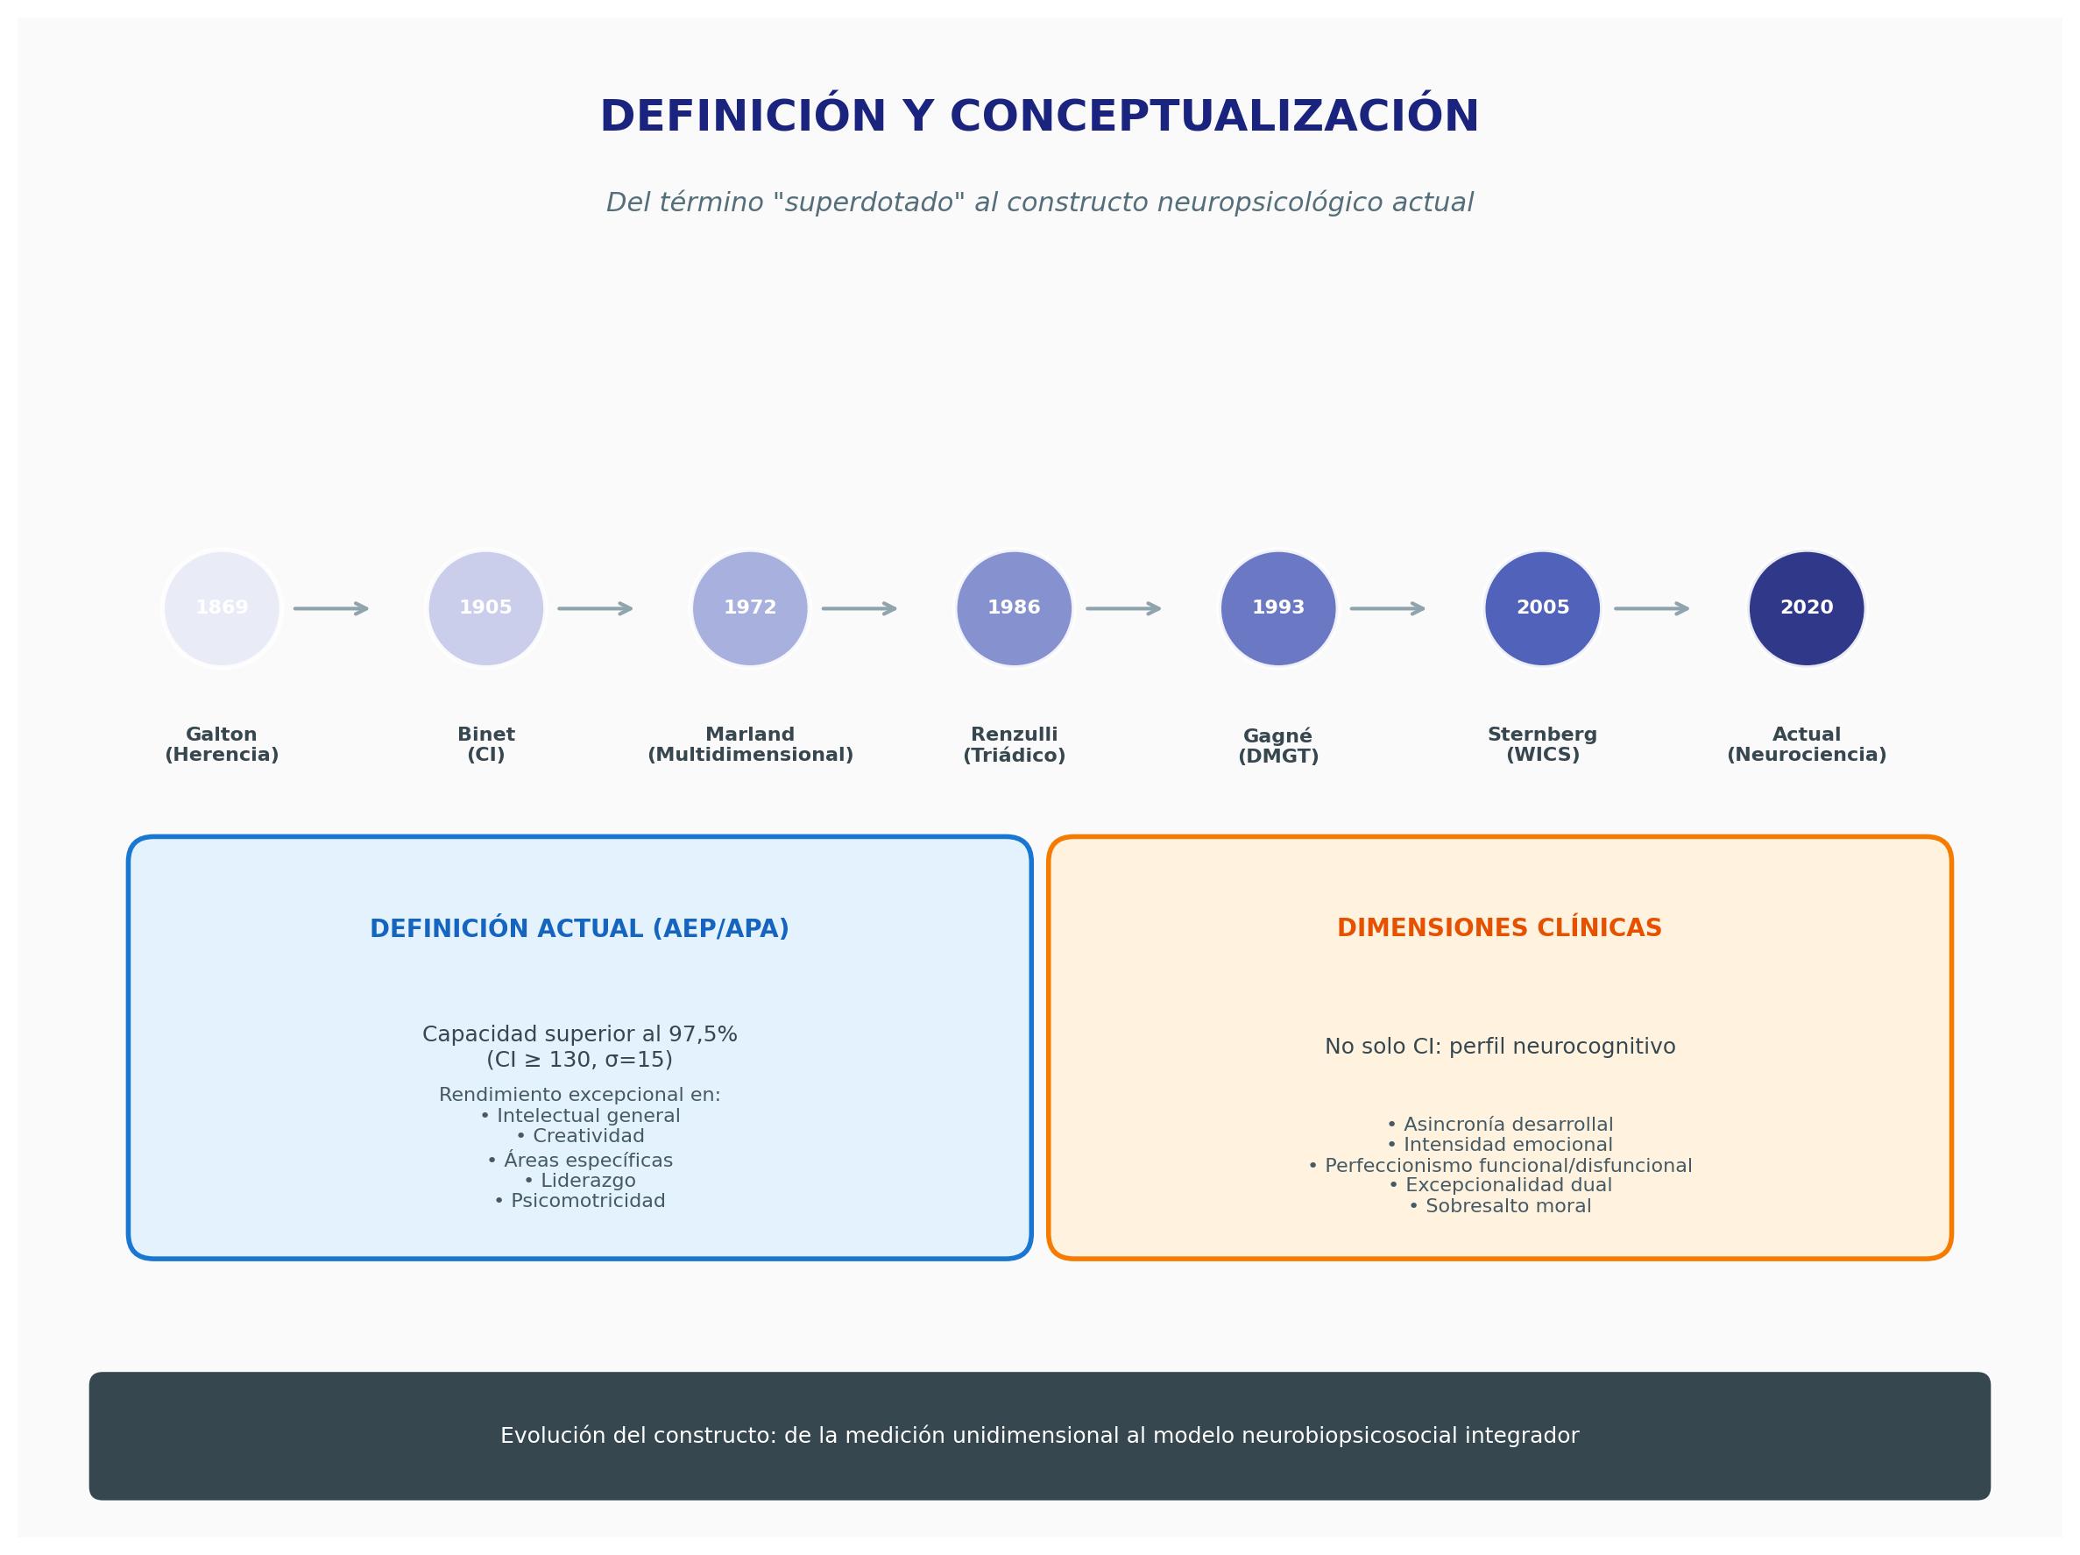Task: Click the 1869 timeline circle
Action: coord(222,608)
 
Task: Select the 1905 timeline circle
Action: coord(486,608)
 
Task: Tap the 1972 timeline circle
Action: coord(750,608)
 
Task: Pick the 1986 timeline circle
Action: coord(1015,608)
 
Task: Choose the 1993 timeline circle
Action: coord(1279,608)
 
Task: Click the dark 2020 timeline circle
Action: coord(1807,608)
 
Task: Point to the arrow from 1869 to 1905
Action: coord(331,608)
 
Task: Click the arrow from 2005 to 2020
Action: coord(1652,608)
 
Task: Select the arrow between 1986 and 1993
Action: coord(1124,608)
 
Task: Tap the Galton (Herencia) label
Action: coord(222,745)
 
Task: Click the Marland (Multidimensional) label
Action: coord(750,745)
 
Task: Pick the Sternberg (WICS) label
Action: coord(1542,745)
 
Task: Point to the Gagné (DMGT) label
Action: coord(1279,746)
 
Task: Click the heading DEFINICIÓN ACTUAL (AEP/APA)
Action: coord(579,928)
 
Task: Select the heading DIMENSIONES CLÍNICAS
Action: coord(1500,927)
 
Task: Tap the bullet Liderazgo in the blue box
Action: coord(579,1181)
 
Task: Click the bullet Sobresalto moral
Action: coord(1500,1206)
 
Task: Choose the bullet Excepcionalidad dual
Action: coord(1500,1185)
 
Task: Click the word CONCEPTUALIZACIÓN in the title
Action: coord(1215,117)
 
